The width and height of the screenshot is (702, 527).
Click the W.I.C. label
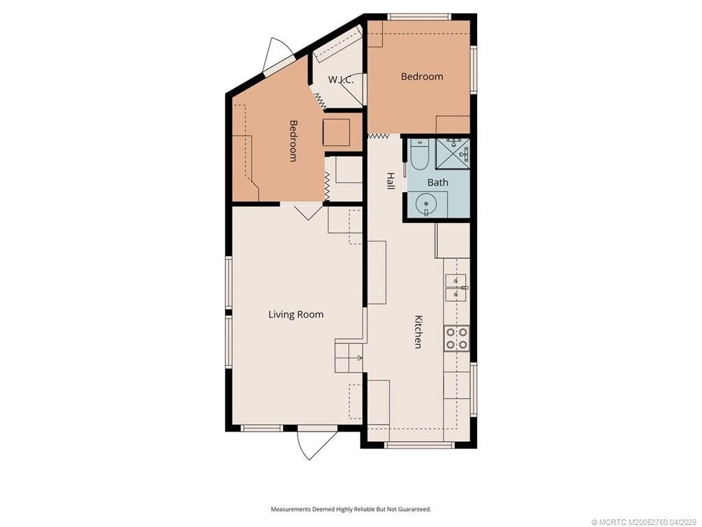click(341, 80)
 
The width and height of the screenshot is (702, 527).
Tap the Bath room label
click(437, 182)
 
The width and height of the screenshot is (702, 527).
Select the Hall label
click(390, 180)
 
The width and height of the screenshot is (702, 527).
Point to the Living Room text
click(295, 315)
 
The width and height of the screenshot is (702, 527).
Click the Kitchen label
click(417, 331)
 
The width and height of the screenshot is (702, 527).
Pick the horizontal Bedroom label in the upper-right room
click(422, 76)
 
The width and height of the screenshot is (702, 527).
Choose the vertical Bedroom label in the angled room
click(293, 141)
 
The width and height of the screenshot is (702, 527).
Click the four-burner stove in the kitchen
click(457, 338)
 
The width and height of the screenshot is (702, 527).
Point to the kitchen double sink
click(456, 288)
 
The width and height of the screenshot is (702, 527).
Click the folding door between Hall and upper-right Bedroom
click(378, 137)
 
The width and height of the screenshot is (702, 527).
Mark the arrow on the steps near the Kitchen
click(359, 358)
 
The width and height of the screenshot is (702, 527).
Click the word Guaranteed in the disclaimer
click(413, 509)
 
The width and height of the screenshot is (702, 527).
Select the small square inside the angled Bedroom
click(337, 131)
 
